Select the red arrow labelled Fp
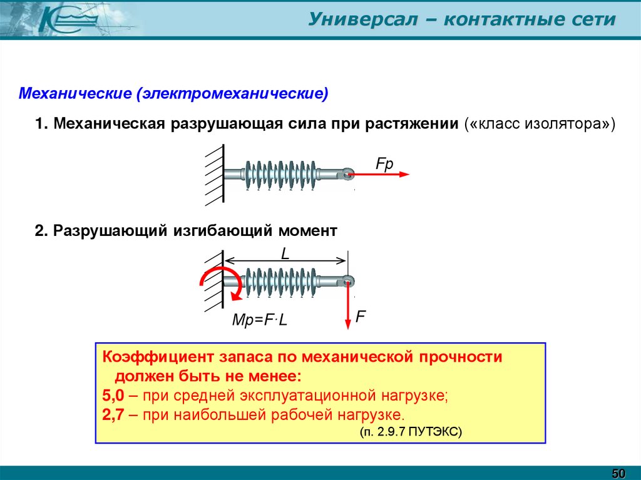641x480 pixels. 382,174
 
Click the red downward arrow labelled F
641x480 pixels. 347,307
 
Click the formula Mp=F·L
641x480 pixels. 259,320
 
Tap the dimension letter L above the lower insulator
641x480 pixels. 285,253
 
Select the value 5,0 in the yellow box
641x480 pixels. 113,396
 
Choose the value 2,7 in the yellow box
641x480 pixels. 113,414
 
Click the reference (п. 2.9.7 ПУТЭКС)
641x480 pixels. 411,432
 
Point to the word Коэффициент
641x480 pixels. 156,358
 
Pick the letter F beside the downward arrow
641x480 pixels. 361,317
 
